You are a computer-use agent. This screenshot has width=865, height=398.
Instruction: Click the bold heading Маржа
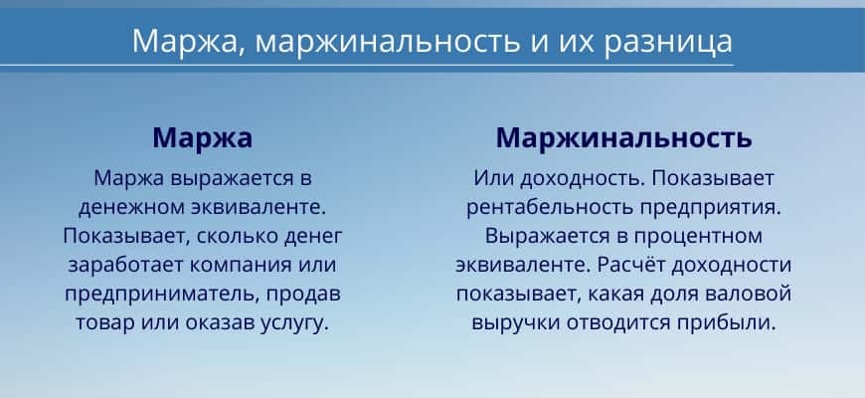point(203,138)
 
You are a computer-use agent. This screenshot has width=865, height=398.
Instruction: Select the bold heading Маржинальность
point(623,138)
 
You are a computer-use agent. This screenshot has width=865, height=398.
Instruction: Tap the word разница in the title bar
point(668,42)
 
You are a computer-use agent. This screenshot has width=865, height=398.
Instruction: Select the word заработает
point(126,265)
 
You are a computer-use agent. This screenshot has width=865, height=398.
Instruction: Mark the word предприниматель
point(161,295)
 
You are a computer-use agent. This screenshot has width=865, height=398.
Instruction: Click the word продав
point(303,295)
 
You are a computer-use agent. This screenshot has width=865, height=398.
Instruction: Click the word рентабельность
point(550,208)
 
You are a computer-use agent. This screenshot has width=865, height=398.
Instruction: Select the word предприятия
point(711,208)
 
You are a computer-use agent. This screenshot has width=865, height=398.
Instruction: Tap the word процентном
point(697,237)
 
